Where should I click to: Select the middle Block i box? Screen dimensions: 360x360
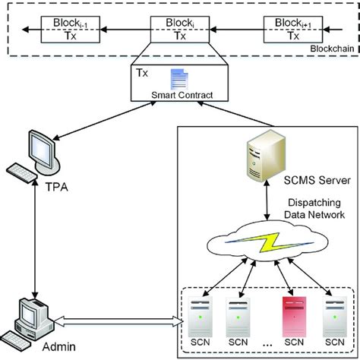pos(180,30)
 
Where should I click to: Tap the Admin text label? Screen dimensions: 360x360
pos(32,348)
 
